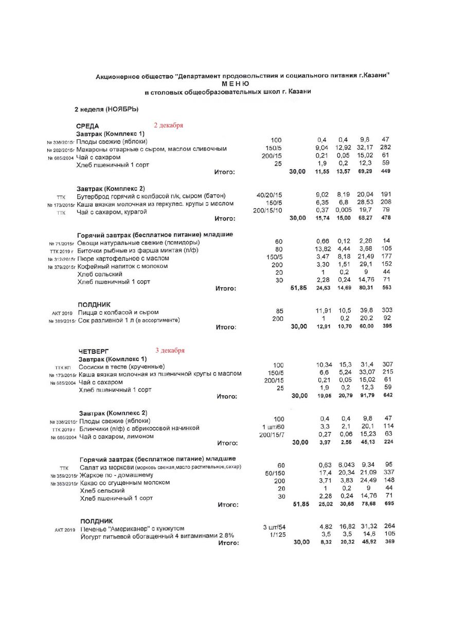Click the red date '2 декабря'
(x=169, y=125)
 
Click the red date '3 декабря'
(x=170, y=350)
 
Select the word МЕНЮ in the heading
(x=236, y=83)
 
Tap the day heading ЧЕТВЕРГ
(x=94, y=351)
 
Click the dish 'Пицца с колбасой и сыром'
(x=118, y=312)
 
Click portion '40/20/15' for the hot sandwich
(x=273, y=195)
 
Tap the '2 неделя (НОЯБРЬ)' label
(x=106, y=109)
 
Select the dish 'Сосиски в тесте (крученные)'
(x=121, y=367)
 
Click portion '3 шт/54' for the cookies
(x=274, y=528)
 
